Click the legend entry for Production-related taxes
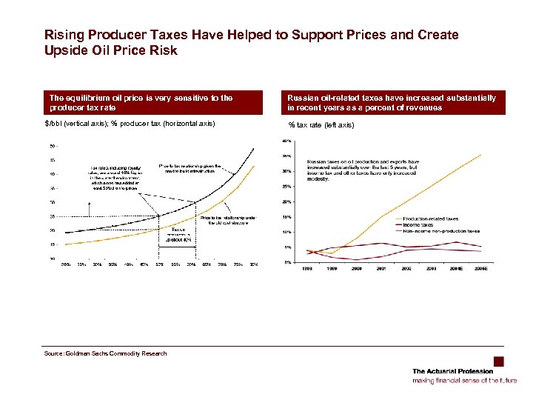point(431,219)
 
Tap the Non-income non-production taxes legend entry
point(441,230)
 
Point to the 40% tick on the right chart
point(286,141)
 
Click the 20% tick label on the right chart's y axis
point(286,201)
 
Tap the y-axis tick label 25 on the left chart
point(53,216)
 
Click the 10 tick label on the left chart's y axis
point(53,259)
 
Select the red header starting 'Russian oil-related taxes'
point(392,102)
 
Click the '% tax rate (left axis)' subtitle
point(321,124)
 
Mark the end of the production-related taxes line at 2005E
point(482,154)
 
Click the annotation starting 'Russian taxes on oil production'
point(363,170)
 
